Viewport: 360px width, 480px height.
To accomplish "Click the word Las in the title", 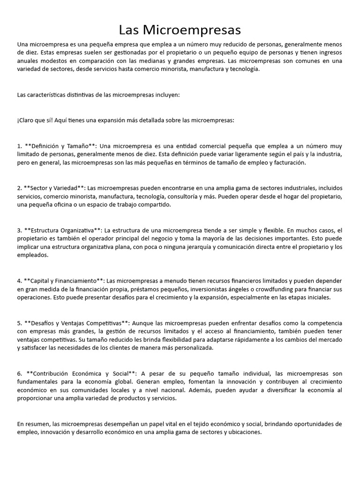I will point(131,30).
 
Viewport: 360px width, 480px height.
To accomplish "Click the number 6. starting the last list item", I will point(20,373).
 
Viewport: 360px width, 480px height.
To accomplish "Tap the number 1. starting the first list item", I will point(20,146).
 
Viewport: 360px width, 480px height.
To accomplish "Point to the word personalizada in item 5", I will point(193,348).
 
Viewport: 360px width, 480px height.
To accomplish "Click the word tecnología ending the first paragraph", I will point(242,69).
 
